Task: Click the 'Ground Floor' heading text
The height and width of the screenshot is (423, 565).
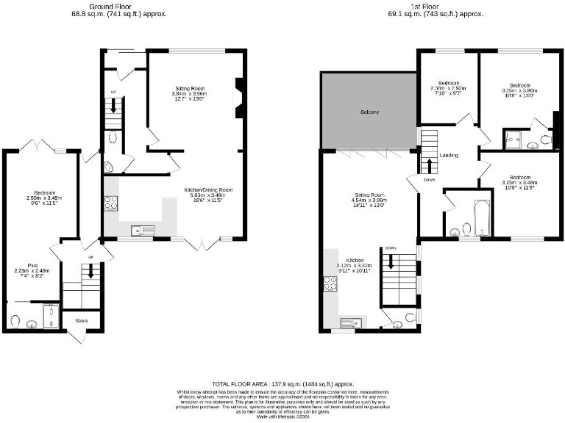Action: coord(118,6)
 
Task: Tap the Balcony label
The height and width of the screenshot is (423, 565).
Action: coord(369,112)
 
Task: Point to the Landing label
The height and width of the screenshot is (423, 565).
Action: coord(449,156)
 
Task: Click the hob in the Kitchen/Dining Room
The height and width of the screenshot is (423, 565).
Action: coord(110,203)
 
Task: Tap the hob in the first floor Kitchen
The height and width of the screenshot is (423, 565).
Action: coord(330,283)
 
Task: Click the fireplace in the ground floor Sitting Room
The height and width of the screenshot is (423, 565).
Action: coord(238,97)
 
